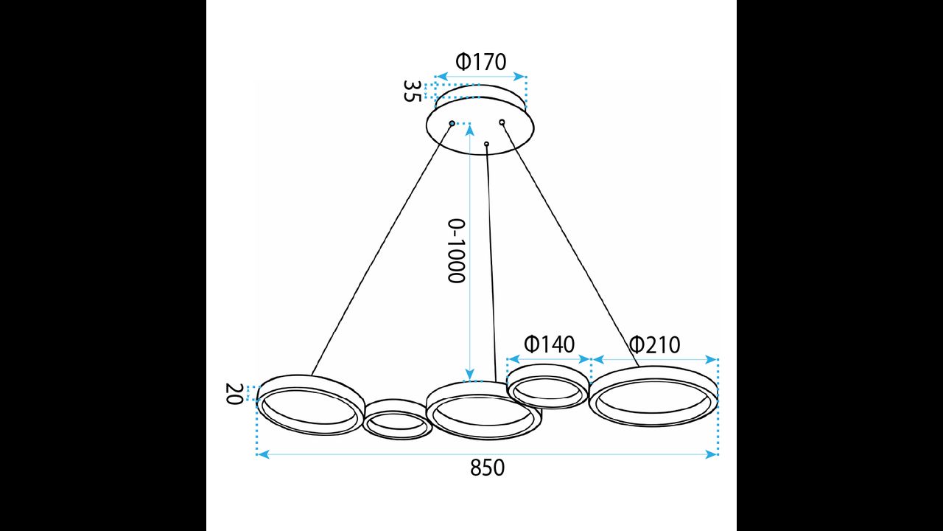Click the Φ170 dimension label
point(481,62)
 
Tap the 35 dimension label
point(412,91)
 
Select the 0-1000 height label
point(456,251)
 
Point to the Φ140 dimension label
point(550,344)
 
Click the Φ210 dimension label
point(655,345)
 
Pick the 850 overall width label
point(487,468)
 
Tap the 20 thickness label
point(234,394)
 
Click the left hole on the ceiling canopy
point(452,123)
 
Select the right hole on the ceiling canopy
point(502,122)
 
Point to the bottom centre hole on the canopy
point(487,144)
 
